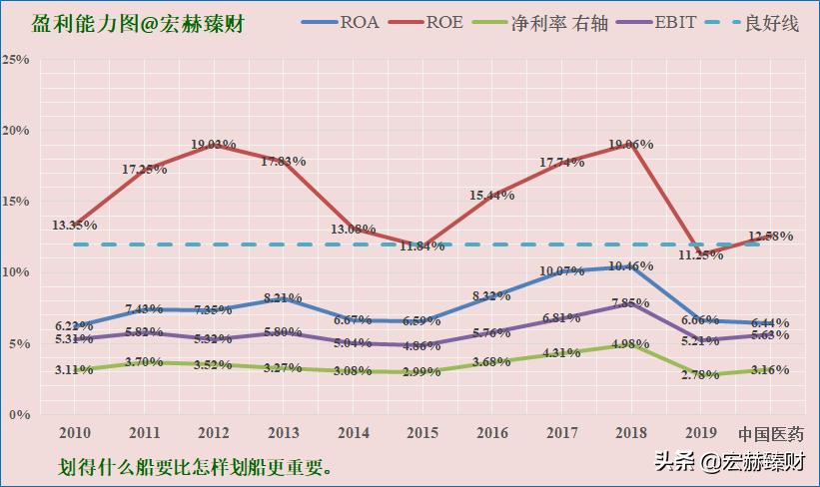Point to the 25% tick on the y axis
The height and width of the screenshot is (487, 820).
[15, 60]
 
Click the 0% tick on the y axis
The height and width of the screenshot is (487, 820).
[19, 413]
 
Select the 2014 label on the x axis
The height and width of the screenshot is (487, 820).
[354, 434]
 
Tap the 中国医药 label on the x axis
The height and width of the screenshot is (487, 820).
[770, 434]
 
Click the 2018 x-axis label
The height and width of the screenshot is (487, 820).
[631, 434]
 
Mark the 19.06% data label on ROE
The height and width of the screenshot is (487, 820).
[631, 145]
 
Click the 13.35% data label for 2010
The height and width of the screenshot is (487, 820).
[74, 226]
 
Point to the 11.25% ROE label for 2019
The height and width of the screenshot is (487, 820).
[701, 254]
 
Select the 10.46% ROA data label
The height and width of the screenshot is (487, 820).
[631, 267]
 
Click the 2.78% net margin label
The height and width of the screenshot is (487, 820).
[701, 374]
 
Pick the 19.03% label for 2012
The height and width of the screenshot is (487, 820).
[214, 145]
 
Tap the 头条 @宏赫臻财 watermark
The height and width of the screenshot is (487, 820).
[729, 462]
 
